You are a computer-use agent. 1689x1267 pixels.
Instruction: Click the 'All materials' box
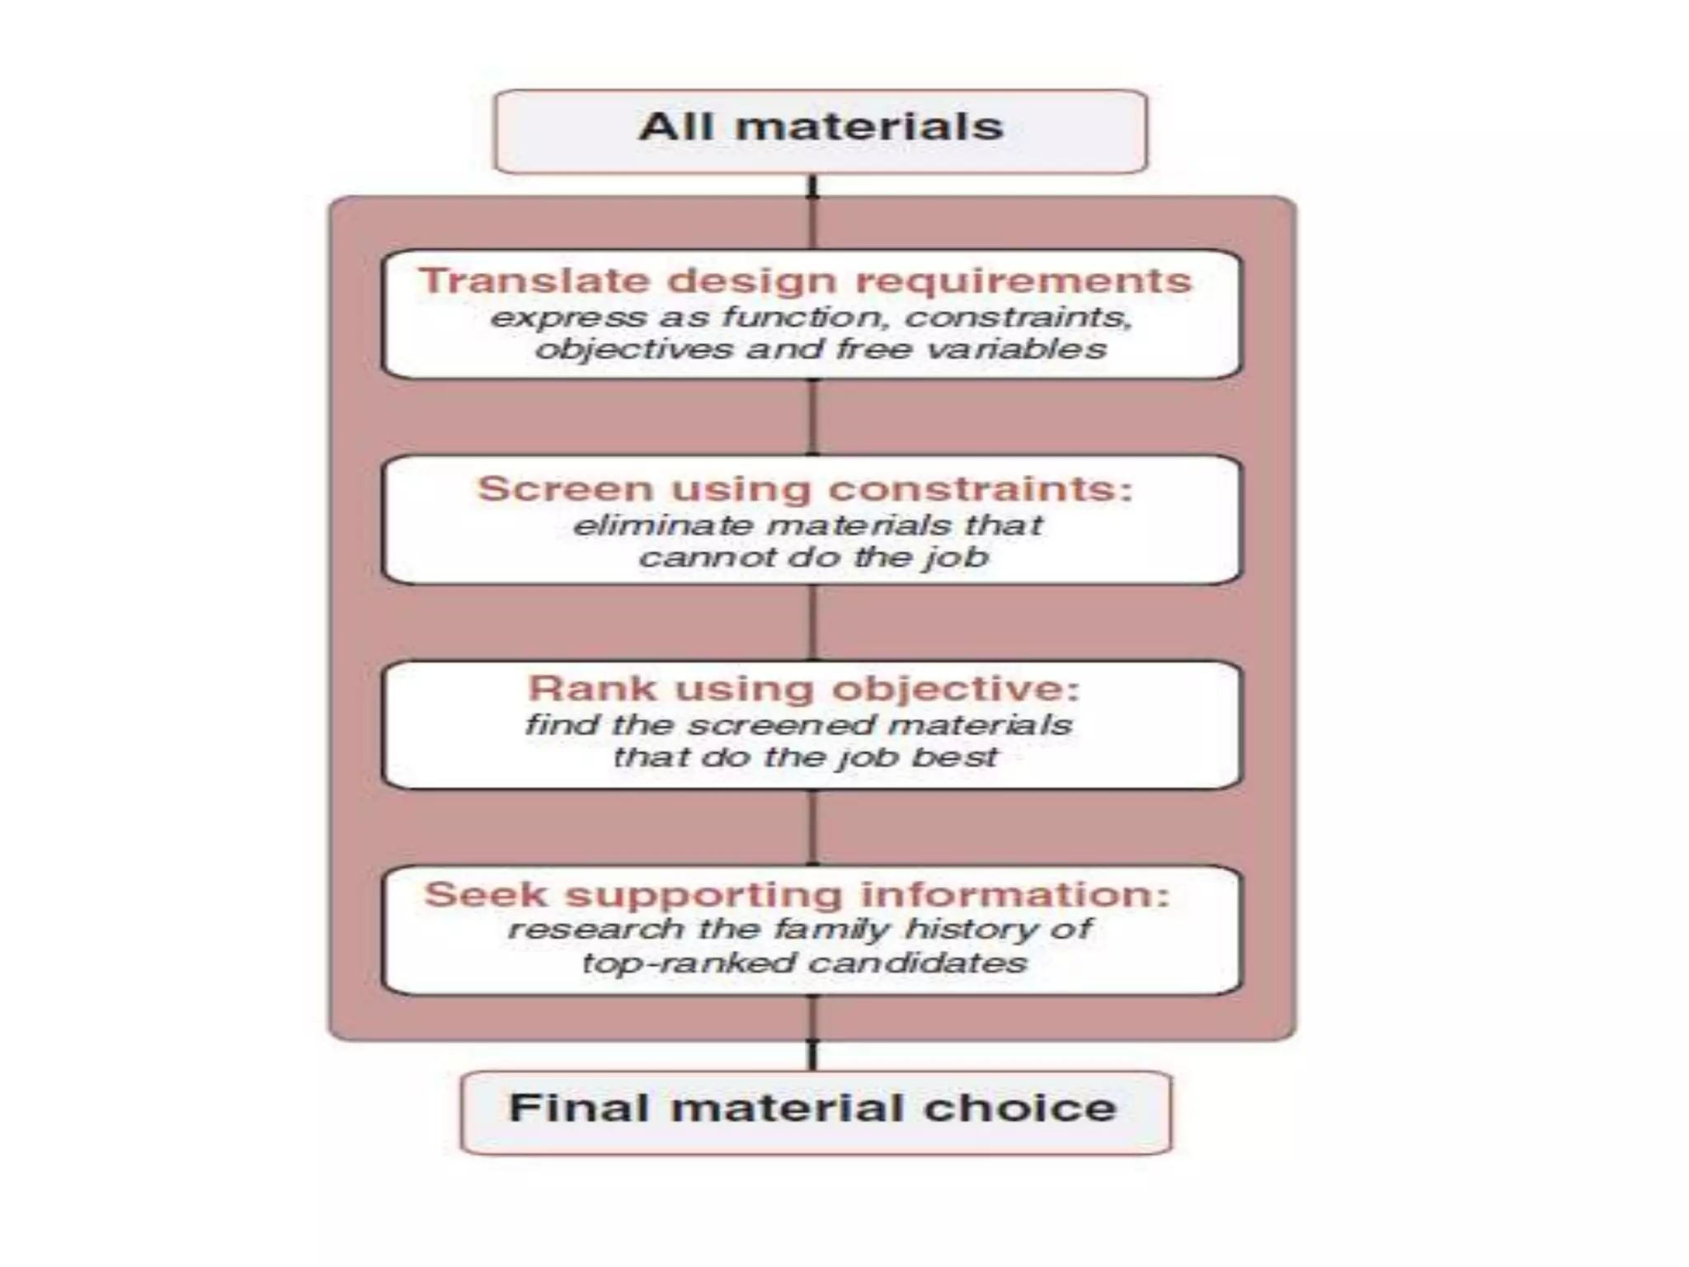[x=821, y=131]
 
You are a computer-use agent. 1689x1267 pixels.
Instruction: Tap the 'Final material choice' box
[x=816, y=1111]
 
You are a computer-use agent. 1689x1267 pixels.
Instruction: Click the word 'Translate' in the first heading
[x=535, y=280]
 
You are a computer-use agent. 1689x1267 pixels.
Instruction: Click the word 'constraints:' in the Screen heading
[x=981, y=489]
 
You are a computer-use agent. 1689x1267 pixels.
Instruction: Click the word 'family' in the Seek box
[x=833, y=930]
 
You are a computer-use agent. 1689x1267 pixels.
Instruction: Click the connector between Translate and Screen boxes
[x=813, y=417]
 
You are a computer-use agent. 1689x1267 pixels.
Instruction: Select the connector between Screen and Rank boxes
[x=813, y=623]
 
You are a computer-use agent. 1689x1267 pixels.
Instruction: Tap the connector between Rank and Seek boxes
[x=813, y=827]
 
